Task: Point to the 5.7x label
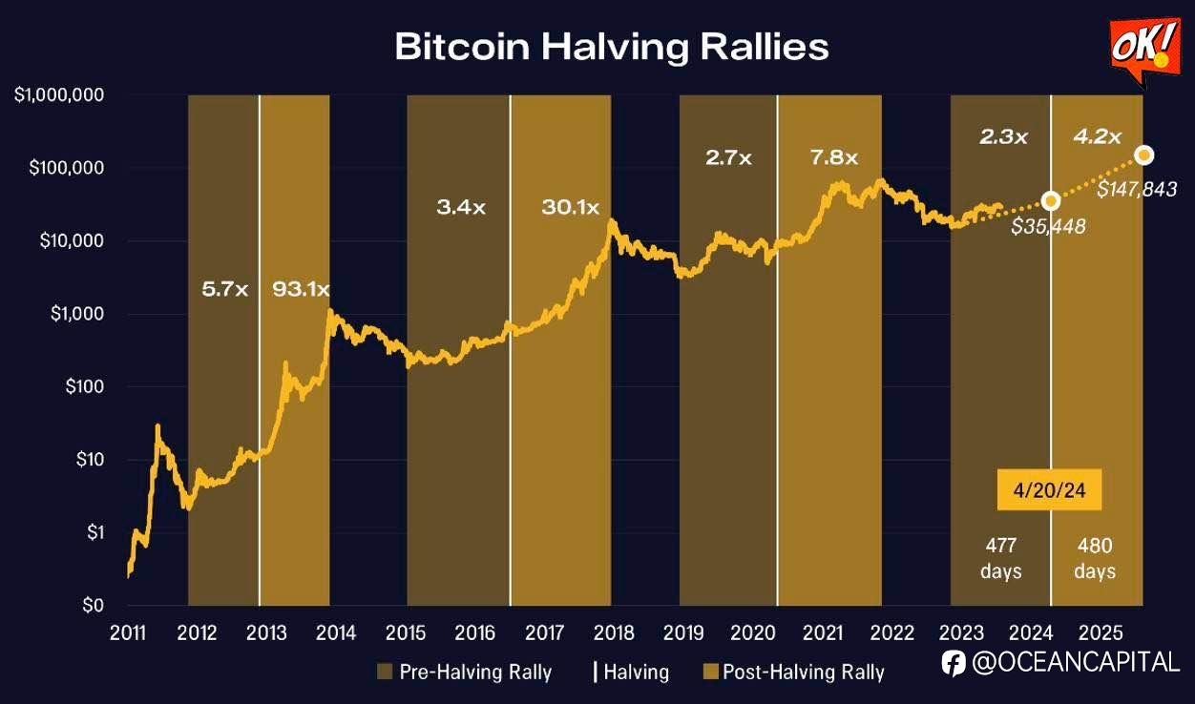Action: pyautogui.click(x=224, y=288)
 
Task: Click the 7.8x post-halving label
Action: pyautogui.click(x=834, y=158)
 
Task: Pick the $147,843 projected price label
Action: pyautogui.click(x=1136, y=190)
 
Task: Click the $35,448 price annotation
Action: pyautogui.click(x=1048, y=226)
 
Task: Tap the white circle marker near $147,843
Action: pyautogui.click(x=1144, y=155)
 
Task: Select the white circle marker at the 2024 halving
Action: pyautogui.click(x=1051, y=200)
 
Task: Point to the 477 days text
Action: pyautogui.click(x=1001, y=558)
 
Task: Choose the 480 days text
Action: pyautogui.click(x=1094, y=558)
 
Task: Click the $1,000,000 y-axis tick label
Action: pyautogui.click(x=59, y=95)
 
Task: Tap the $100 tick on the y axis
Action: pyautogui.click(x=81, y=386)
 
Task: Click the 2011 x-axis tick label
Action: pyautogui.click(x=128, y=632)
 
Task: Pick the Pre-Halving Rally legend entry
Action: pyautogui.click(x=465, y=672)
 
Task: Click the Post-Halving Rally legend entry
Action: pyautogui.click(x=793, y=672)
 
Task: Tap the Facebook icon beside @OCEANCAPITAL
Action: pyautogui.click(x=953, y=663)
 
